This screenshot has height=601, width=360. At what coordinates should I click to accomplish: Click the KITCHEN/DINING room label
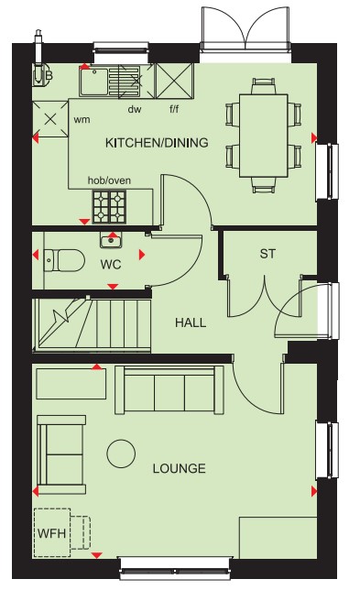(157, 143)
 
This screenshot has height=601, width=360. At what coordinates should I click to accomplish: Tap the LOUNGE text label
(179, 468)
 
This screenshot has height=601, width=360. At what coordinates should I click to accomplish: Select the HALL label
(191, 322)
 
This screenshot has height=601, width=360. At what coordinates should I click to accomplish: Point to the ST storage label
(267, 254)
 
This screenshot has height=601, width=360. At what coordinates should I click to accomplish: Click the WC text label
(111, 265)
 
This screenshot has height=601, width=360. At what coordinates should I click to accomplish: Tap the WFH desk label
(52, 533)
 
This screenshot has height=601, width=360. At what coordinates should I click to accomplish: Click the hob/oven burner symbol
(109, 207)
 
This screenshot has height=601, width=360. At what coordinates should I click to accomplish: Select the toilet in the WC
(64, 260)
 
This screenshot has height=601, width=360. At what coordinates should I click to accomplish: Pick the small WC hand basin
(111, 240)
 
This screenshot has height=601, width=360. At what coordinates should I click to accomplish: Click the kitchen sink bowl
(94, 82)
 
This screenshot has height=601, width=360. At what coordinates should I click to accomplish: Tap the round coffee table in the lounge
(121, 453)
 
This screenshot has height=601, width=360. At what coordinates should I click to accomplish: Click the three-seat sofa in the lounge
(169, 389)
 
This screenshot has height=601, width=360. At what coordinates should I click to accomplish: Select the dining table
(264, 136)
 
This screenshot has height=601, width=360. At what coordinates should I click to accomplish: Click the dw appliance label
(135, 110)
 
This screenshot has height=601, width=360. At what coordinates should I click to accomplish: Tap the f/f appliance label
(174, 110)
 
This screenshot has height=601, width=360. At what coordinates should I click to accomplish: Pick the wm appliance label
(82, 120)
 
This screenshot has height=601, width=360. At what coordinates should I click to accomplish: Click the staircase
(92, 324)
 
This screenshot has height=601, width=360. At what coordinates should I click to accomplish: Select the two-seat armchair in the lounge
(61, 454)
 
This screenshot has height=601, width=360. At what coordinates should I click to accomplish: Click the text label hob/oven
(109, 180)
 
